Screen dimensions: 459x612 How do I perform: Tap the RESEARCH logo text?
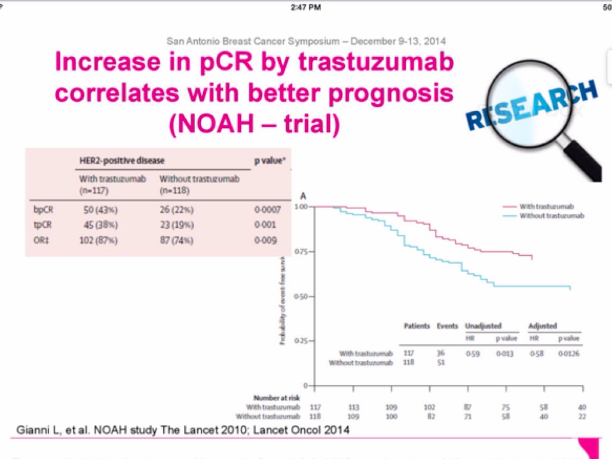click(531, 105)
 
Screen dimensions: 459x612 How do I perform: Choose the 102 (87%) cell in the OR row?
click(99, 240)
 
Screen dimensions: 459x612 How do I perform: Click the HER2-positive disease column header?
click(122, 160)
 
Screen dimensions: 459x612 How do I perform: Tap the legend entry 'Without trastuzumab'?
click(551, 215)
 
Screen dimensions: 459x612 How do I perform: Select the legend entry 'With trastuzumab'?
click(547, 206)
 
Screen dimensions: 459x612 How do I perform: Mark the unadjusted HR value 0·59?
click(473, 353)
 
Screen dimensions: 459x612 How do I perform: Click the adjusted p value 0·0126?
click(568, 353)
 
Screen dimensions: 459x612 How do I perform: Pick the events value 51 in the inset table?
click(440, 363)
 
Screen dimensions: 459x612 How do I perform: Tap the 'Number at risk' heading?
click(277, 397)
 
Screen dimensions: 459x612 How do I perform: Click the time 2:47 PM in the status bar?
click(306, 7)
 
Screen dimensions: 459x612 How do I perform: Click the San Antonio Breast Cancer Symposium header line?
click(306, 42)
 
